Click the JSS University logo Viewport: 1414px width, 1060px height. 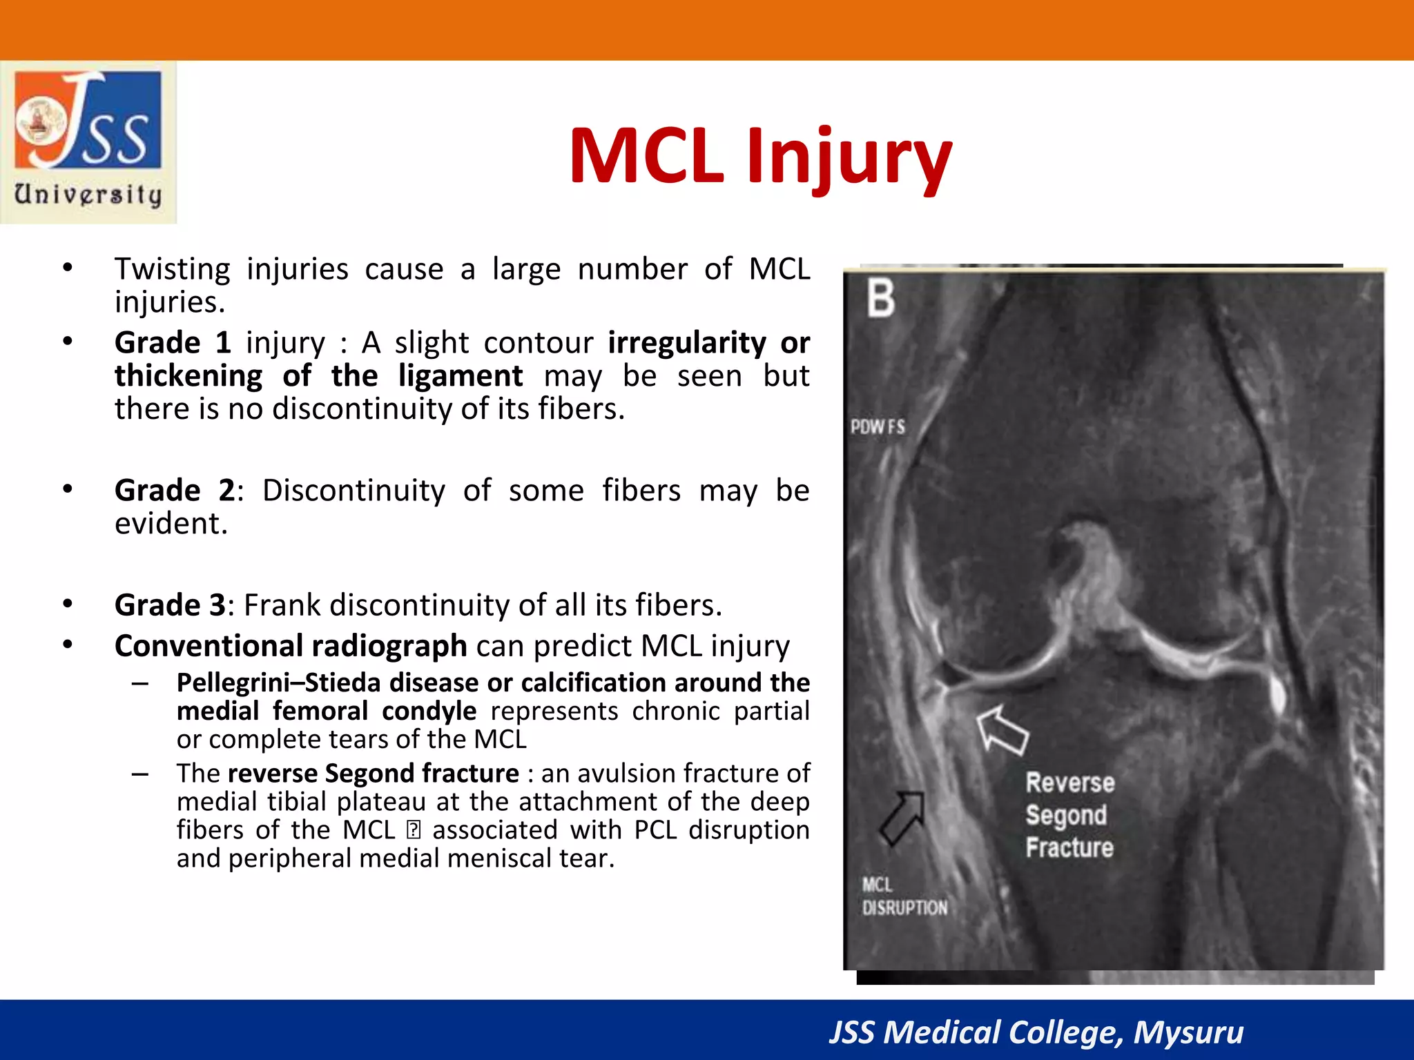tap(88, 141)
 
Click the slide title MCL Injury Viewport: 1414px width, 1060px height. tap(760, 157)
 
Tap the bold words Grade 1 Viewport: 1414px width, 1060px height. tap(172, 343)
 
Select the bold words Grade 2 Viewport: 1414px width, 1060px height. tap(175, 491)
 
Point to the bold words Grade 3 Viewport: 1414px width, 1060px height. tap(170, 605)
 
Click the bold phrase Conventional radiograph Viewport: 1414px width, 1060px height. tap(291, 647)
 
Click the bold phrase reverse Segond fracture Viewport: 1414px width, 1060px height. tap(373, 774)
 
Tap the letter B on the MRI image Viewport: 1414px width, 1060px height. tap(881, 298)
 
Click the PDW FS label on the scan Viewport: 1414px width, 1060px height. tap(878, 427)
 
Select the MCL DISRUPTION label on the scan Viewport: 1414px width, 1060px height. tap(904, 896)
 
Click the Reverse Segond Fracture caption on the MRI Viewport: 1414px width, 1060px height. tap(1069, 815)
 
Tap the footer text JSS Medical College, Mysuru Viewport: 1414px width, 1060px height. tap(1036, 1032)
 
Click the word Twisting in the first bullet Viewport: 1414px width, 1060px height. tap(172, 269)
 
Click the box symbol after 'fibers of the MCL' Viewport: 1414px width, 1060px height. tap(414, 830)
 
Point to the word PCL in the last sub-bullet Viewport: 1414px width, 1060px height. tap(655, 830)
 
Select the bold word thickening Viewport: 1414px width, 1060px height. tap(188, 376)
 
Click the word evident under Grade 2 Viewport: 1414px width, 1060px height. tap(171, 524)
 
